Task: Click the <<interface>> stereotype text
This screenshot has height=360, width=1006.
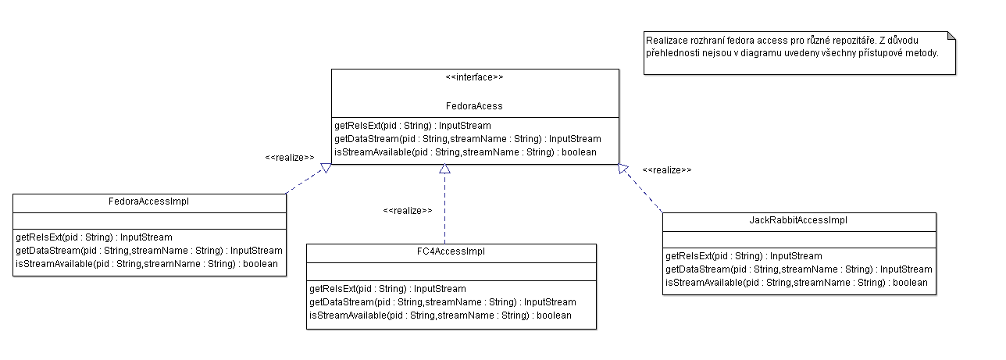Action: click(474, 77)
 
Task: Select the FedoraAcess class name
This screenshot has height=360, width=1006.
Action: click(474, 106)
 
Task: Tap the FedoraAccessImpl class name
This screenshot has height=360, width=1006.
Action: click(148, 201)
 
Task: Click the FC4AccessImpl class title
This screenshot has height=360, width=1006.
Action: click(451, 251)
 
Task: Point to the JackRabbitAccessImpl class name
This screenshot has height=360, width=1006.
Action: click(798, 220)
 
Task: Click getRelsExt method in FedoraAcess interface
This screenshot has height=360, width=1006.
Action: click(412, 126)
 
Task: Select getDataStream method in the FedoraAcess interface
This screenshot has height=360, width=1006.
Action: click(468, 139)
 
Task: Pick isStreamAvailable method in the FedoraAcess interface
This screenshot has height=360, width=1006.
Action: click(466, 152)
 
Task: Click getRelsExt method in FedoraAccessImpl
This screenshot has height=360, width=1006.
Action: click(94, 237)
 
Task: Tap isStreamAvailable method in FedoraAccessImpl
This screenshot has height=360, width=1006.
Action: click(147, 263)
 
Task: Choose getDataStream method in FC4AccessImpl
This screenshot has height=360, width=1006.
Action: click(443, 302)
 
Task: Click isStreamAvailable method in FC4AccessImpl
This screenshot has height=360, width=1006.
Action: click(441, 315)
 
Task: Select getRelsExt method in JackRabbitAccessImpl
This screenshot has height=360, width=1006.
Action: click(744, 256)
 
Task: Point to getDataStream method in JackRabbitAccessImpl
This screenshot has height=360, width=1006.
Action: click(799, 269)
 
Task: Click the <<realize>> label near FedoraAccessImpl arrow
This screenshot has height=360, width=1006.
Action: click(290, 158)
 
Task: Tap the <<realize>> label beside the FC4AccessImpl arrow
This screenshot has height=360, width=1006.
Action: click(408, 211)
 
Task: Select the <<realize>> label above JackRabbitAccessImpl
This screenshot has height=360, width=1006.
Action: click(667, 170)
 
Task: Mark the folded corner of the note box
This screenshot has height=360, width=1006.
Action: click(951, 35)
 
